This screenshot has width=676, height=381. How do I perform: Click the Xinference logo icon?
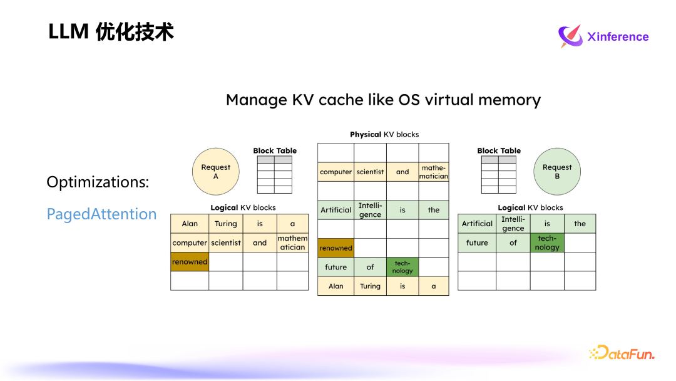(570, 36)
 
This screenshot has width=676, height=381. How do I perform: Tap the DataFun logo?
(622, 353)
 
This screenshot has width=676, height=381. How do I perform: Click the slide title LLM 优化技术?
(111, 32)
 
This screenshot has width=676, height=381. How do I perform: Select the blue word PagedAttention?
(101, 214)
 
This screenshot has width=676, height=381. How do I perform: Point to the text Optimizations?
(98, 182)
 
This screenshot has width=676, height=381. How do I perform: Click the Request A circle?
(215, 172)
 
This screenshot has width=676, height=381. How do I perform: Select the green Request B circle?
(557, 172)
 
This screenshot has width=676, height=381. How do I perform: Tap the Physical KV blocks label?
(384, 134)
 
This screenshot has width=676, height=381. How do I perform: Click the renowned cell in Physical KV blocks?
(335, 248)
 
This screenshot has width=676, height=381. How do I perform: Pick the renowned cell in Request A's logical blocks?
(190, 262)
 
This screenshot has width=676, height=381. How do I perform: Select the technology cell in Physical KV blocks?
(402, 267)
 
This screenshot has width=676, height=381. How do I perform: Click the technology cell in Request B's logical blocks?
(547, 243)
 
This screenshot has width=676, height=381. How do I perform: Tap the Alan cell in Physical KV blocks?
(335, 286)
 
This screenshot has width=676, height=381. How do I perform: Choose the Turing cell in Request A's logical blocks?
(225, 224)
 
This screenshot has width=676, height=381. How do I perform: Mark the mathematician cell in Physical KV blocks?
(434, 172)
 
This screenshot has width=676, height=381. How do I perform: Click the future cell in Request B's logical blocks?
(477, 243)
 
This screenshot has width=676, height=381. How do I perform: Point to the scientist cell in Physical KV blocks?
(370, 172)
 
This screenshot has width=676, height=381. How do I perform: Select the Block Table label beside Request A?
(275, 150)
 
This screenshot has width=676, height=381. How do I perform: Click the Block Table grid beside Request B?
(499, 175)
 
